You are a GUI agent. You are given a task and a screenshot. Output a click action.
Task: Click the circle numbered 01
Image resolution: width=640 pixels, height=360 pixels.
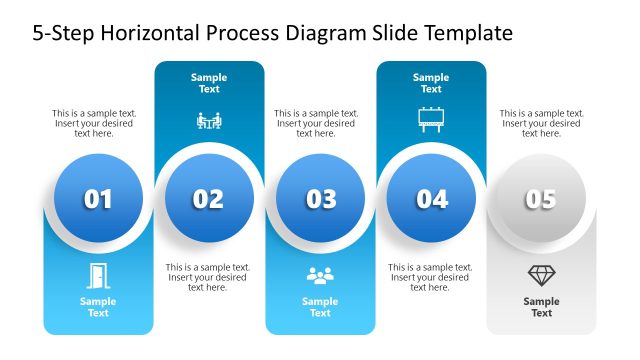[x=98, y=199]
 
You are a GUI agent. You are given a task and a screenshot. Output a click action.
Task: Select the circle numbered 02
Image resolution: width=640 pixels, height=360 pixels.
[x=208, y=199]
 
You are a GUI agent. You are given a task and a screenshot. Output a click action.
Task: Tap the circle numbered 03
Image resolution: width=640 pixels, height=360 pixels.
[x=320, y=199]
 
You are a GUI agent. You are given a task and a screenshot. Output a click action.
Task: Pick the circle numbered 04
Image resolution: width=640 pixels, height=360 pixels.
[x=431, y=199]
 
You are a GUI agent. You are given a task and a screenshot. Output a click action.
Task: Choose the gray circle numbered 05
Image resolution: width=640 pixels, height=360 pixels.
[x=541, y=199]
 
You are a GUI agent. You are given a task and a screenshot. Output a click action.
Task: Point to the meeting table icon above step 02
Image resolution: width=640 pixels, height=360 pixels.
[x=209, y=121]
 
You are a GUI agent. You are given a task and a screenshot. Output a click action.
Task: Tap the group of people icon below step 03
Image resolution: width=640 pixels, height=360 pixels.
[x=320, y=276]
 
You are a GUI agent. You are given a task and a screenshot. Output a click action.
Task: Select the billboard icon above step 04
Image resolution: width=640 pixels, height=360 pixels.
[x=431, y=120]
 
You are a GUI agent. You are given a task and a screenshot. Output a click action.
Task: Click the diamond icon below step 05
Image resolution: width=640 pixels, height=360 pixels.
[x=541, y=275]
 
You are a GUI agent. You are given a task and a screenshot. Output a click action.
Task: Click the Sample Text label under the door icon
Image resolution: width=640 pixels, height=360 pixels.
[x=98, y=307]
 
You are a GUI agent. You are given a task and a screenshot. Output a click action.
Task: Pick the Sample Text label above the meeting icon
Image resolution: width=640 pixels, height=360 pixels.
[x=209, y=83]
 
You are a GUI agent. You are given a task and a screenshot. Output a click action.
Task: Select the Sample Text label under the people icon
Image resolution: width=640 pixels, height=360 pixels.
[x=320, y=307]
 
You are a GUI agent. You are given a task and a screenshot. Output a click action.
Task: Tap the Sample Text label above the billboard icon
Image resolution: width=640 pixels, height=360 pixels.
[x=431, y=83]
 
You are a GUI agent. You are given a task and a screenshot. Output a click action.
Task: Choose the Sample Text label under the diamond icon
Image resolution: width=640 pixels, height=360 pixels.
[x=541, y=307]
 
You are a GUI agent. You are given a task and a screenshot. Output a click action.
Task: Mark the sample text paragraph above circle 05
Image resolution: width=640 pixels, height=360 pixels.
[x=541, y=123]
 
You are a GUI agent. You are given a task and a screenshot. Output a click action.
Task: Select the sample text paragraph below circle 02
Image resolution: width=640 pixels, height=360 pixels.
[x=208, y=277]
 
